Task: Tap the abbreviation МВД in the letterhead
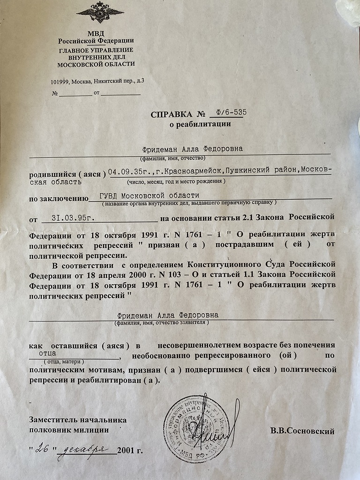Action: click(x=96, y=33)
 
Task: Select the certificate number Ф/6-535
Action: click(x=228, y=112)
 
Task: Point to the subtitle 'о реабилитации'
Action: click(x=200, y=124)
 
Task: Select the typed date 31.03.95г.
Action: click(x=75, y=218)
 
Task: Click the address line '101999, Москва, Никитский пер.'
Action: click(x=97, y=81)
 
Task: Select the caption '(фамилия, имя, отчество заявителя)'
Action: click(x=161, y=322)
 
